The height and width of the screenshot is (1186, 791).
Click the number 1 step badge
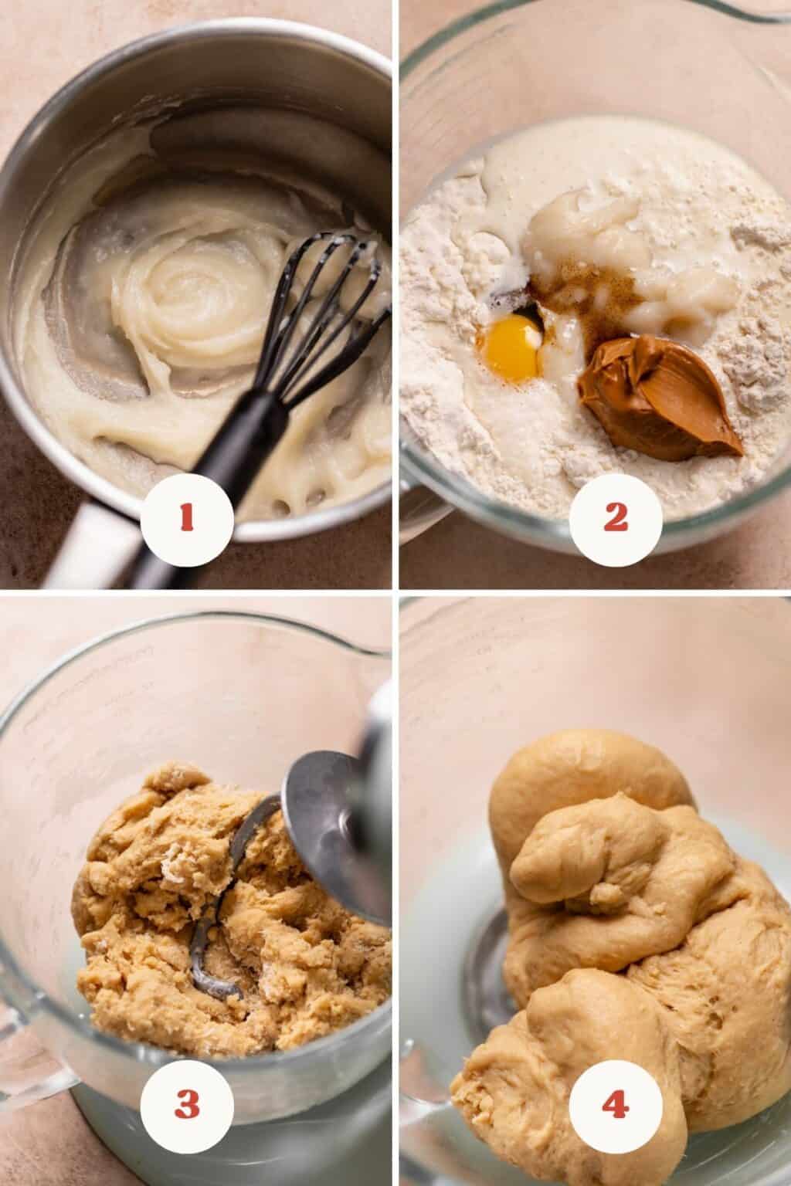click(x=187, y=520)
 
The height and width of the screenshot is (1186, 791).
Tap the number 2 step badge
click(x=616, y=520)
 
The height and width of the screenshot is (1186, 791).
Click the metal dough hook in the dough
click(x=222, y=895)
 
